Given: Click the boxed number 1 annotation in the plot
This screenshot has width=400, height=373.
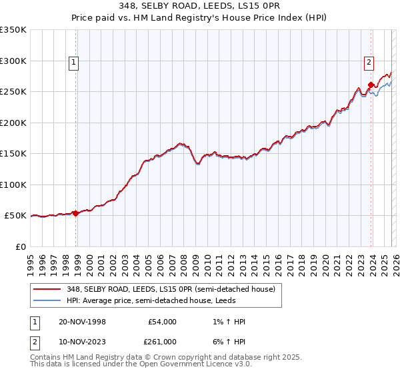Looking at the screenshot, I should pyautogui.click(x=73, y=63).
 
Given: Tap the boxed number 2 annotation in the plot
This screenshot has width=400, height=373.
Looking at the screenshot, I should pyautogui.click(x=368, y=63).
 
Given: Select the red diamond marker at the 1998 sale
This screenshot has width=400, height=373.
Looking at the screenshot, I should pyautogui.click(x=76, y=214).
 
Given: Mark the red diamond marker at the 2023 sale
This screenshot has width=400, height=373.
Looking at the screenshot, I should pyautogui.click(x=371, y=85).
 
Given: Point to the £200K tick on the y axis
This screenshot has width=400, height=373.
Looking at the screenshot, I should pyautogui.click(x=13, y=123).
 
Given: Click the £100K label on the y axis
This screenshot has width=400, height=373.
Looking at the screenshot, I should pyautogui.click(x=13, y=185).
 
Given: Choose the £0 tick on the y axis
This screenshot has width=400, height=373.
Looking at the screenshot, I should pyautogui.click(x=20, y=246).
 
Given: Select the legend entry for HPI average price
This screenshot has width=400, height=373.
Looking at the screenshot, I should pyautogui.click(x=155, y=301).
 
